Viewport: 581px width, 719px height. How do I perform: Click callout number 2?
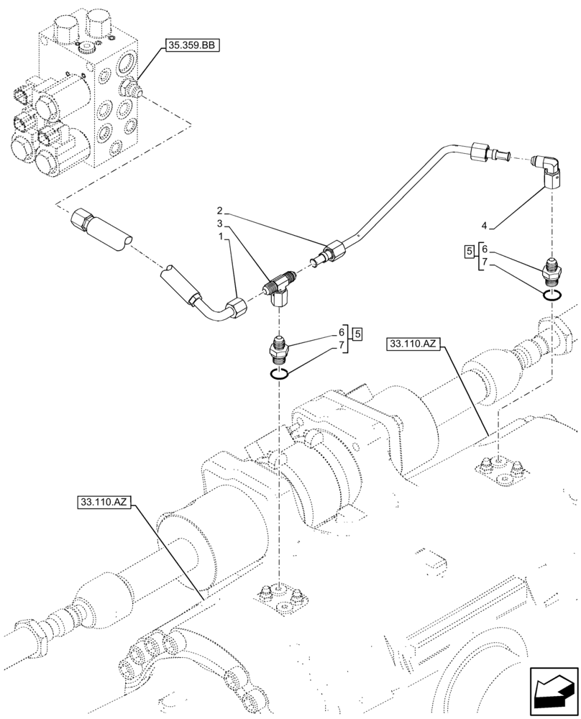point(220,211)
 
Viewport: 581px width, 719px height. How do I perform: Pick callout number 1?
point(220,236)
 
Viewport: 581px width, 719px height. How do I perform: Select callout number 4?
point(485,225)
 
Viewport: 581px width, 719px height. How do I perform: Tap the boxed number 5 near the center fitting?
point(357,332)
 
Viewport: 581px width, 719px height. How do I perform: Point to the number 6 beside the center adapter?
point(341,333)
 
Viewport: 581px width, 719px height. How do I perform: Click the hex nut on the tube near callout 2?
point(336,250)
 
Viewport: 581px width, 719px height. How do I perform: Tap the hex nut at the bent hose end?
point(236,310)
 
